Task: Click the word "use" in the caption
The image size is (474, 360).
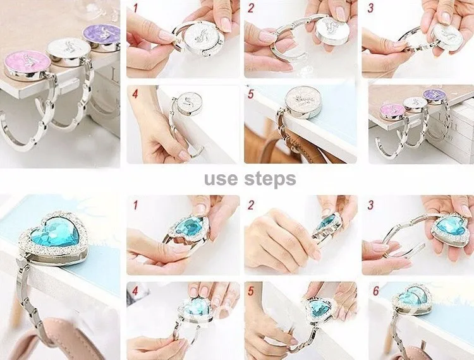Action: [221, 179]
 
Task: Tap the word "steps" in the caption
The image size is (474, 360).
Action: [270, 179]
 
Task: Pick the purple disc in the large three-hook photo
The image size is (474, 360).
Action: [101, 36]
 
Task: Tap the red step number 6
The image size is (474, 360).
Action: [376, 291]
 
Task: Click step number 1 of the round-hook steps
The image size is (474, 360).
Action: [135, 8]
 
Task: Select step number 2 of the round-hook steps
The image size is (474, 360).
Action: [251, 8]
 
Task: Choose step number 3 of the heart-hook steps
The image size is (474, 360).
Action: [370, 205]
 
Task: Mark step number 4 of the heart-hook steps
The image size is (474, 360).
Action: [135, 291]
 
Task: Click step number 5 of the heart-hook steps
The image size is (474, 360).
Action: [251, 291]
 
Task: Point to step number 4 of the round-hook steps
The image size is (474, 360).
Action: [135, 94]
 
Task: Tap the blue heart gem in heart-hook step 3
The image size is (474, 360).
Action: [448, 227]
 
